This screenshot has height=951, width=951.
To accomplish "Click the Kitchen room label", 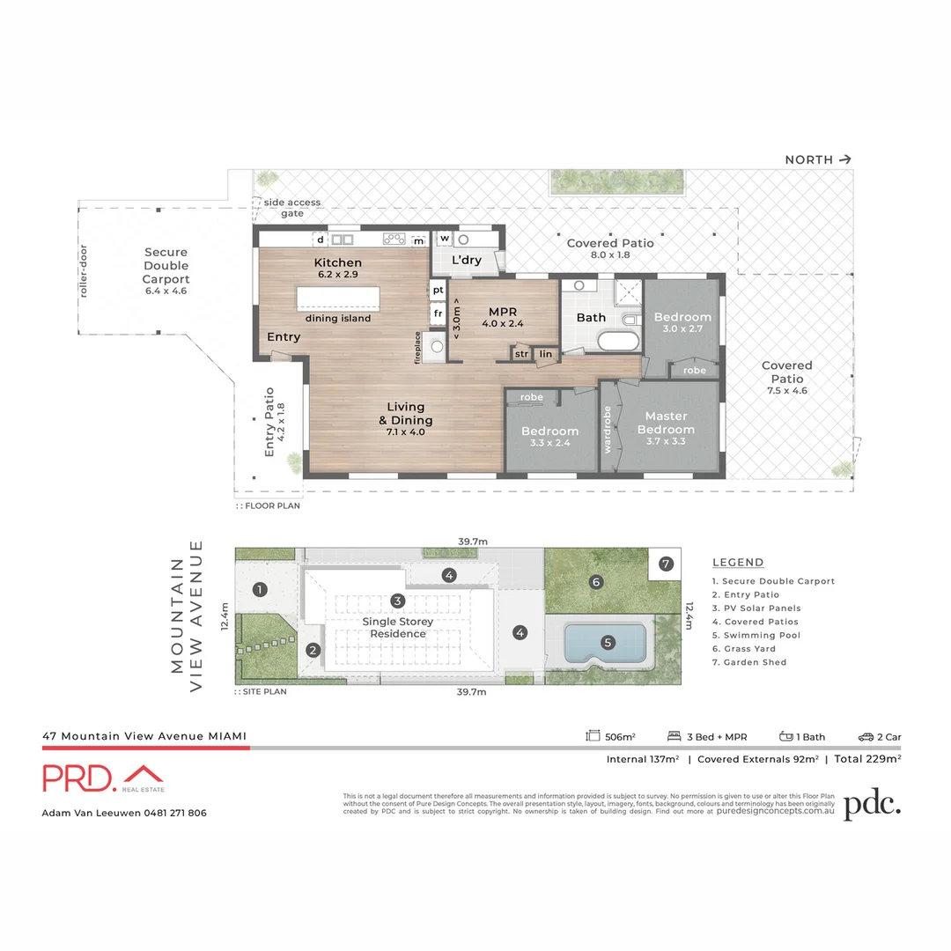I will tap(338, 262).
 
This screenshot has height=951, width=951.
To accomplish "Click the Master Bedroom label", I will tap(666, 423).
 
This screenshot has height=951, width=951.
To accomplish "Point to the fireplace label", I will tap(418, 347).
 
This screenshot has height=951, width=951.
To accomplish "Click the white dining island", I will tap(338, 297).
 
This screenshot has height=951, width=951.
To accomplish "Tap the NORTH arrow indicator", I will tap(845, 159).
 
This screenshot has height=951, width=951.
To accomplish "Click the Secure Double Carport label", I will tap(166, 265).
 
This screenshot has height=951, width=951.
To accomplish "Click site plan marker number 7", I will tap(666, 564).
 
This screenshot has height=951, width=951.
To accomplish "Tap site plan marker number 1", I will tap(260, 590).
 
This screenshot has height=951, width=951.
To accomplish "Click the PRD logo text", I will tap(77, 778).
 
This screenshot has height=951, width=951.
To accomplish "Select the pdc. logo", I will tap(872, 805).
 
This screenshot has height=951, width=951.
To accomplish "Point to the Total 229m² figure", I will tap(866, 759).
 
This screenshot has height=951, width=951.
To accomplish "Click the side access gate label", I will tap(292, 208).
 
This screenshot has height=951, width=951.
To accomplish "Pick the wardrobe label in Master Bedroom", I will tap(608, 429).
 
